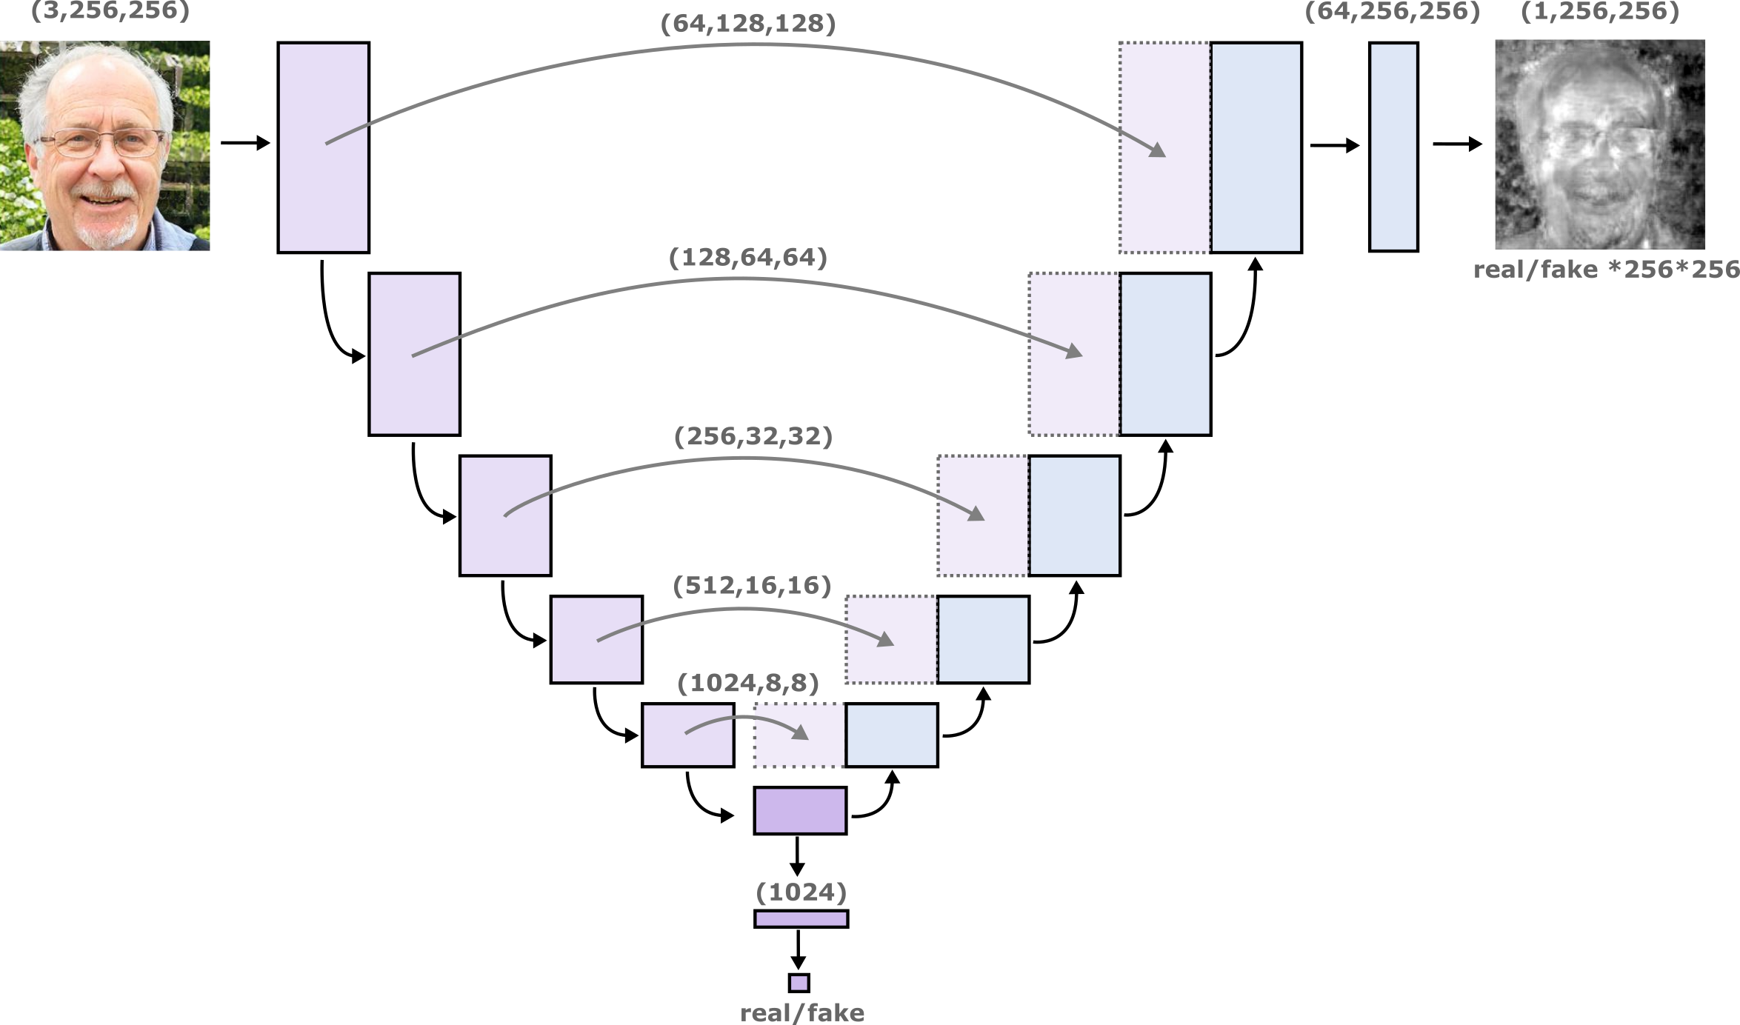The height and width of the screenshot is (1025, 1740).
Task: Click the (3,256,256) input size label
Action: [x=110, y=12]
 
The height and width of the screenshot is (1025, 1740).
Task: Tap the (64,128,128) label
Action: [x=747, y=24]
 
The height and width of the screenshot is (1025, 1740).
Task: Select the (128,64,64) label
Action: [x=747, y=258]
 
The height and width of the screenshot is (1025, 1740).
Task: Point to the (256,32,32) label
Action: [x=753, y=436]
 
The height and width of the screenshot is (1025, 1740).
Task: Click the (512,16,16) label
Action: [x=752, y=586]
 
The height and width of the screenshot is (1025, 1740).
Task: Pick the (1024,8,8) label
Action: [x=747, y=684]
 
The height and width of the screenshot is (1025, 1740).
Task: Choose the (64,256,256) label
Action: [x=1392, y=12]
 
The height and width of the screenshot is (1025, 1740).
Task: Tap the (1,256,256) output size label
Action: [x=1599, y=12]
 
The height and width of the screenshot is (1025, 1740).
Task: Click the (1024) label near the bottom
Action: [x=801, y=892]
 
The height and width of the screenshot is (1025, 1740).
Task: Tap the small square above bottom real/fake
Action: [x=799, y=983]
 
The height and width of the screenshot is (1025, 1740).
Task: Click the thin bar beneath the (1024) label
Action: [x=801, y=919]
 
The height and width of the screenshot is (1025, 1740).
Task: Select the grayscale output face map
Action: [x=1600, y=145]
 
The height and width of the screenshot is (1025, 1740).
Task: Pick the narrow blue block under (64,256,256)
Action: [x=1393, y=147]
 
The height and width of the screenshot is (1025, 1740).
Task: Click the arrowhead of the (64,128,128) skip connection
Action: [x=1158, y=151]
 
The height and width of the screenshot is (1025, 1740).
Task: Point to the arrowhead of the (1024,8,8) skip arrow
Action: [x=801, y=733]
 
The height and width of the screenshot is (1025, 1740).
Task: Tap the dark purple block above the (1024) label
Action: [x=800, y=810]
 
